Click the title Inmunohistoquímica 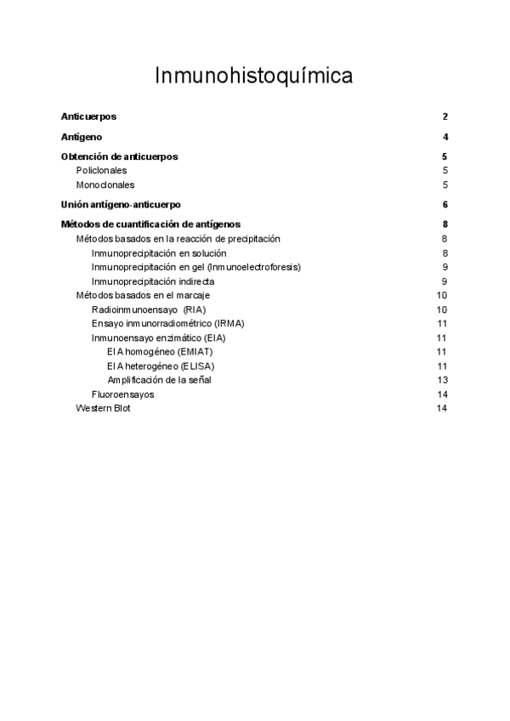254,77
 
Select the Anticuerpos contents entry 88,116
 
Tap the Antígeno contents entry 82,137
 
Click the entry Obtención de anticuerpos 119,156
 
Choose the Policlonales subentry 101,170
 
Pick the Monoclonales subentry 105,185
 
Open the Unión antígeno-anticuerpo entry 121,205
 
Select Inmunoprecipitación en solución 159,253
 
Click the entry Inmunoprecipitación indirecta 153,281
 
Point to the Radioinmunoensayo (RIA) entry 149,309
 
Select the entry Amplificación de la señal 159,380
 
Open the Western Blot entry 103,408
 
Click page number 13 442,380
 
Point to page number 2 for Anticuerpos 445,116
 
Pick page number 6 445,205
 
